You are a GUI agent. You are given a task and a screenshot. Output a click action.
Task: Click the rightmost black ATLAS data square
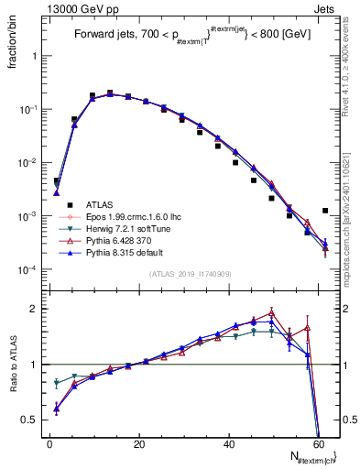pos(325,211)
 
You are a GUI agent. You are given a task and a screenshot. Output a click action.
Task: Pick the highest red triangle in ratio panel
pos(272,312)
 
